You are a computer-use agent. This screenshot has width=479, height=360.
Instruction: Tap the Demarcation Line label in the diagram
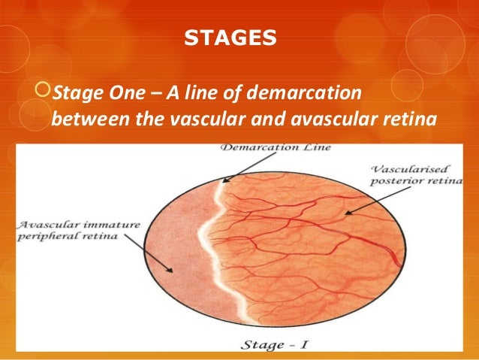tap(275, 147)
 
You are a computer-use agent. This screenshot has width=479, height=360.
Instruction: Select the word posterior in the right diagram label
tap(391, 182)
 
